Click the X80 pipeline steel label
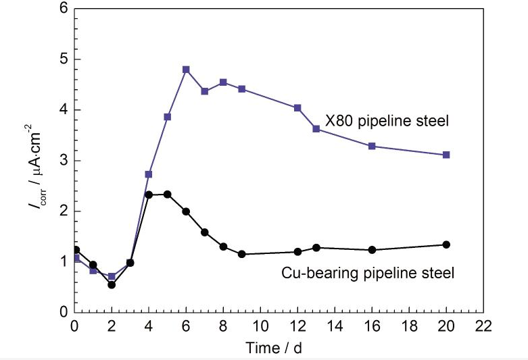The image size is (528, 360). click(387, 122)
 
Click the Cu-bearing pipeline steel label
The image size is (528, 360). click(367, 273)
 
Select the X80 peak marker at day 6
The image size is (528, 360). click(186, 70)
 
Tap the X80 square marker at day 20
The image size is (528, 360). click(446, 155)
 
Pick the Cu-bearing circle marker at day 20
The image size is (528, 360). click(446, 245)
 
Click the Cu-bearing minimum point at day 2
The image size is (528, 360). click(112, 284)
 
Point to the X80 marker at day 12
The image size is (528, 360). click(297, 107)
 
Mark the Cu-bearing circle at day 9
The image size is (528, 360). click(241, 254)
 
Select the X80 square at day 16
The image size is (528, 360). click(372, 146)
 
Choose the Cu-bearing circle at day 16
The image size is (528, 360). click(372, 250)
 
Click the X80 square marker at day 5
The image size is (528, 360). click(168, 117)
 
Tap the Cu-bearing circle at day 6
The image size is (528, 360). click(186, 211)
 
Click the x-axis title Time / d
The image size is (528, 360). click(279, 348)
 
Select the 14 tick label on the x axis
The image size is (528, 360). click(335, 327)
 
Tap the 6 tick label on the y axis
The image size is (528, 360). click(64, 9)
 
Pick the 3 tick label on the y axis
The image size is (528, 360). click(64, 161)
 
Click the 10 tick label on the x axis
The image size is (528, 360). click(260, 327)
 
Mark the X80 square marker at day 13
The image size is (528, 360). click(316, 128)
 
